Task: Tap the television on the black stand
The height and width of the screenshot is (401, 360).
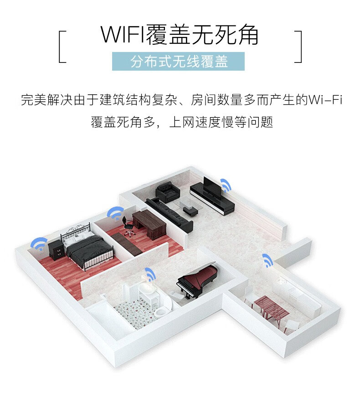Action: [212, 186]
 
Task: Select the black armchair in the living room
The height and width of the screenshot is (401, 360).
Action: [168, 192]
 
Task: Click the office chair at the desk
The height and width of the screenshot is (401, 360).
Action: [128, 226]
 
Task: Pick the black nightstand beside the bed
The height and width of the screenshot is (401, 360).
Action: [56, 251]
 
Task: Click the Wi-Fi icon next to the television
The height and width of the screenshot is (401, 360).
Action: [226, 185]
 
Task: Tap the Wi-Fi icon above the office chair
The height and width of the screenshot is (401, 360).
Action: [116, 213]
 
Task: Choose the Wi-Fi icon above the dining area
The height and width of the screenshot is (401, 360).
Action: [267, 260]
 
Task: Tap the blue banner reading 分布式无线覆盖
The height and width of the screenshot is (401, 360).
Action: [178, 62]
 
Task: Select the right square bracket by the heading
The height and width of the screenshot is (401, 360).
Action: [298, 47]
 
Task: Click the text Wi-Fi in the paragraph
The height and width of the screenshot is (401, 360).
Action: [325, 99]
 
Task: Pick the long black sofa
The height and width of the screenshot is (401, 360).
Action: [169, 215]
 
